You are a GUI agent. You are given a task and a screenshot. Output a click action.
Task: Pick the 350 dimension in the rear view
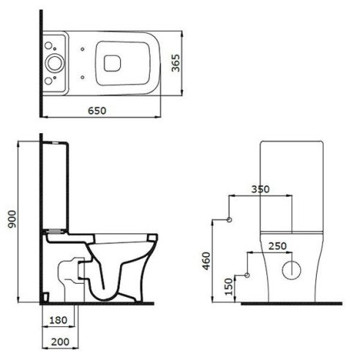pos(260,189)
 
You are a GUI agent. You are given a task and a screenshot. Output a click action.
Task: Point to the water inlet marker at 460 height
pos(230,220)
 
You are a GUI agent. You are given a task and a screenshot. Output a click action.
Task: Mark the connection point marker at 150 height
pos(247,274)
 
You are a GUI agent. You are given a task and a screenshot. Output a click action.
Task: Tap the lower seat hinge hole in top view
pos(86,75)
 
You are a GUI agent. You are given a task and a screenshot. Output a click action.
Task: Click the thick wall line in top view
pos(40,62)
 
